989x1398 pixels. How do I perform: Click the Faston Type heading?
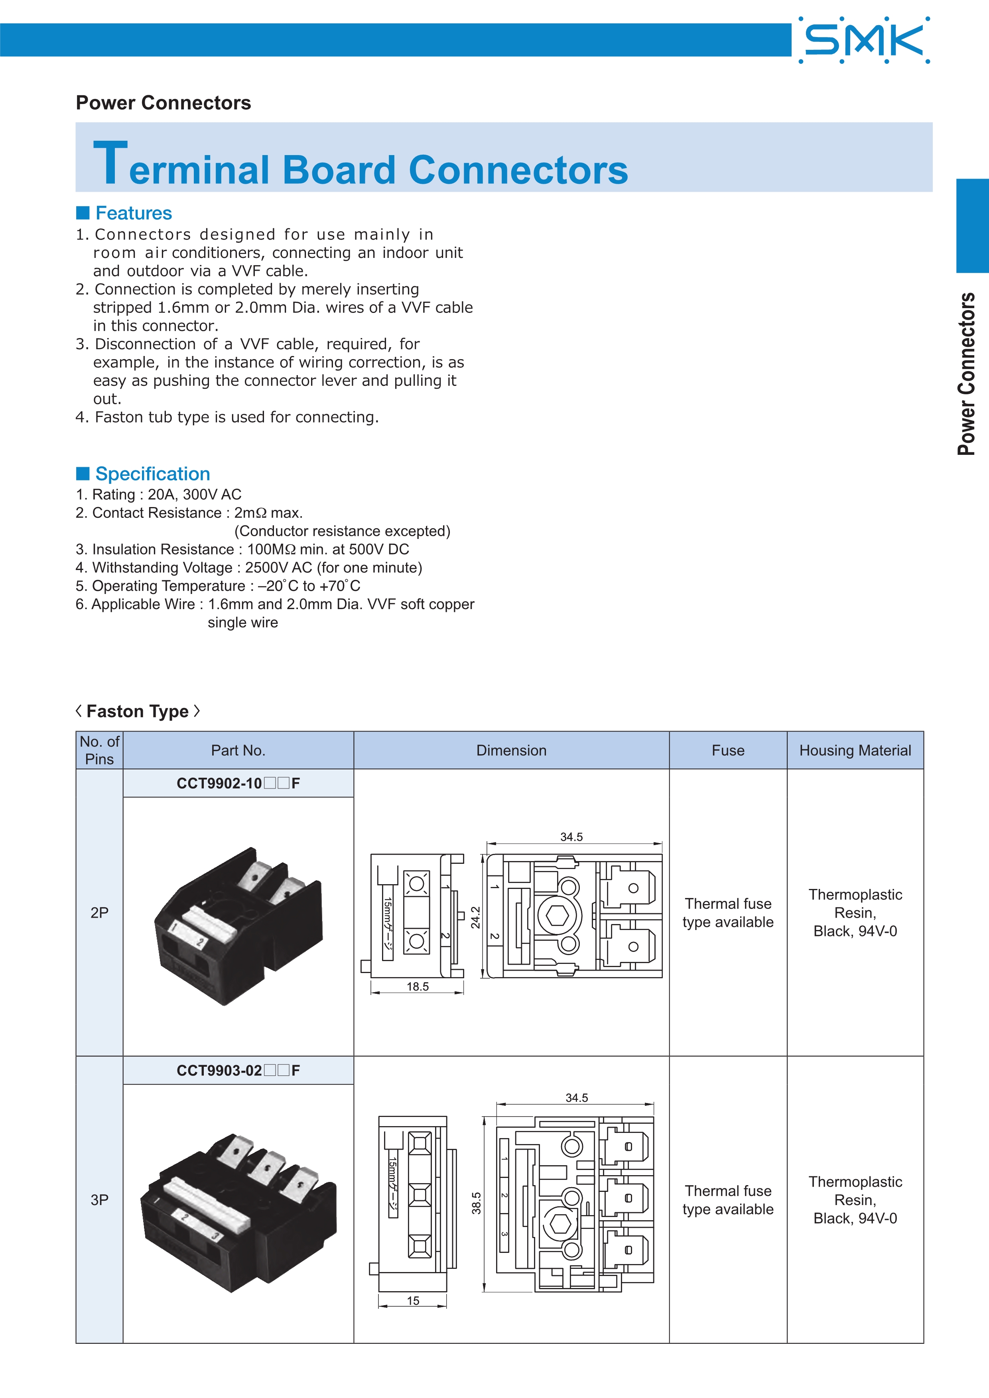pyautogui.click(x=138, y=711)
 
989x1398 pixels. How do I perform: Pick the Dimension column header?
pyautogui.click(x=511, y=750)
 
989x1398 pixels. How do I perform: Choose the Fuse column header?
pyautogui.click(x=728, y=750)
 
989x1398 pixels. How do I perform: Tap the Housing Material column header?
pyautogui.click(x=855, y=750)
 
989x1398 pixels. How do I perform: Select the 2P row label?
pyautogui.click(x=99, y=912)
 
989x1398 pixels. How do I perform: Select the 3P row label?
pyautogui.click(x=99, y=1199)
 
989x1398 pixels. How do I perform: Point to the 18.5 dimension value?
pyautogui.click(x=418, y=986)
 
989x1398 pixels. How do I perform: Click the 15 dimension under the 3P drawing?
pyautogui.click(x=413, y=1301)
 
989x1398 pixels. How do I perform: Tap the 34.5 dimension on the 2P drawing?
pyautogui.click(x=571, y=837)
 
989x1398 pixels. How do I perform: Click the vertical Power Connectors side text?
pyautogui.click(x=966, y=374)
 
